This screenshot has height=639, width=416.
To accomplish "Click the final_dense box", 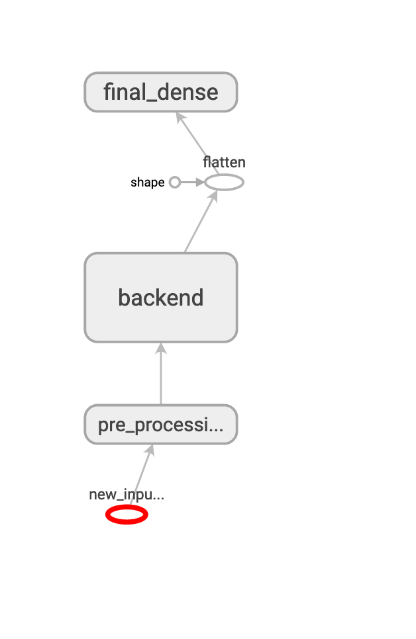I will click(161, 92).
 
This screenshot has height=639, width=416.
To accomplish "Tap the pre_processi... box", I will click(161, 425).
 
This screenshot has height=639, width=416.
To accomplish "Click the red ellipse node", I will click(127, 515).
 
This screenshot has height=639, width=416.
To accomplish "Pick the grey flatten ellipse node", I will click(224, 183).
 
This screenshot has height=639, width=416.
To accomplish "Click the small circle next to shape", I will click(175, 183).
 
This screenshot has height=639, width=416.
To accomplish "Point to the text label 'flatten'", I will click(224, 162).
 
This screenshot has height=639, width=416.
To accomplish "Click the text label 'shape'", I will click(147, 183).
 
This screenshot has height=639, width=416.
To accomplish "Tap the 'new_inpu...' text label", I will click(127, 495).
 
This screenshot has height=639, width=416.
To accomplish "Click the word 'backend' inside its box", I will click(161, 298).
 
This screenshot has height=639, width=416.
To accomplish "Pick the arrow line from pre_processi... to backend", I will click(161, 377).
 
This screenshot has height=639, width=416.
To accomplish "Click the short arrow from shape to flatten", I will click(189, 183).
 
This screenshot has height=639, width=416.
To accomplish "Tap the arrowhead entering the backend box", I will click(161, 347).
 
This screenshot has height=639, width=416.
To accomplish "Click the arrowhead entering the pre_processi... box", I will click(152, 449).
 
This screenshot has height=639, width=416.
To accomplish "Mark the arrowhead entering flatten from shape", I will click(200, 183).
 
